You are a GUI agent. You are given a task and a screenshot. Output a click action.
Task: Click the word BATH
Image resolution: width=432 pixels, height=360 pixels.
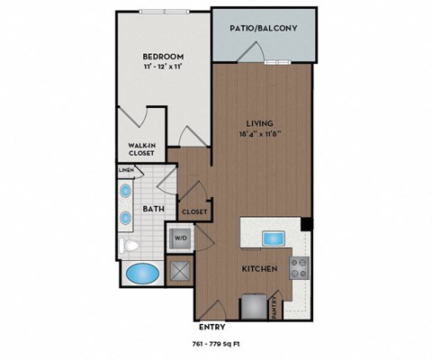pos(152,211)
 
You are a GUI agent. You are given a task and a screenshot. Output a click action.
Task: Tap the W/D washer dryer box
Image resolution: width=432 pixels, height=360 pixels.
pos(178,239)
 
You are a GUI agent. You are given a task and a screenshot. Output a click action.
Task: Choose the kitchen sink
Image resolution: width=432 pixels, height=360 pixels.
pos(273,238)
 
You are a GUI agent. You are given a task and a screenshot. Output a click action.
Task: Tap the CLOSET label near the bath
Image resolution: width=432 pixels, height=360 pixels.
pos(194,211)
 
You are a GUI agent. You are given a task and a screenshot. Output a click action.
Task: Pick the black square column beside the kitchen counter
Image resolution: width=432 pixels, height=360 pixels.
pos(306,223)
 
